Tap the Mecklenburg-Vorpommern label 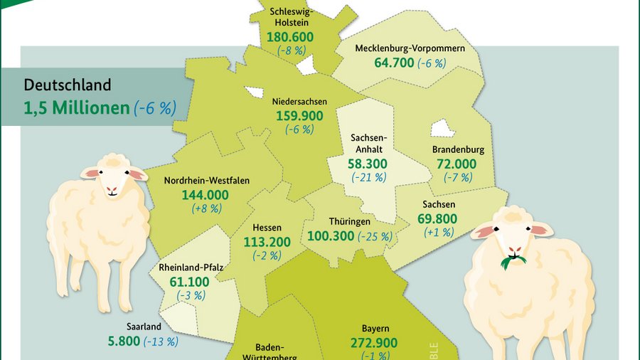tap(410, 48)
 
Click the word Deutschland tap(68, 85)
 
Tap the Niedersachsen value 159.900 tap(298, 116)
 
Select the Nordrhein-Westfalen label tap(206, 181)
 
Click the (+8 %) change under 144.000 tap(207, 208)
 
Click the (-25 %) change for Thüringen tap(375, 236)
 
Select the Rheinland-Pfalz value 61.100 tap(190, 282)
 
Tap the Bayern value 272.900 tap(374, 343)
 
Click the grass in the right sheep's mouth tap(513, 262)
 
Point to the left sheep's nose tap(112, 191)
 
